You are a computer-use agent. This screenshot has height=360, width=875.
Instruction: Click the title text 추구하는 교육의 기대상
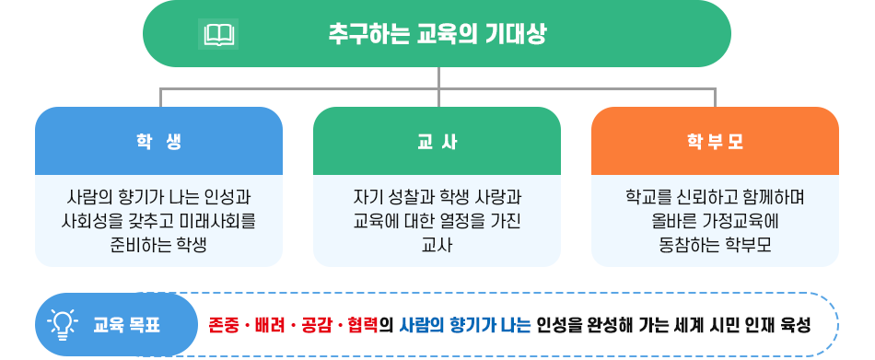pos(437,35)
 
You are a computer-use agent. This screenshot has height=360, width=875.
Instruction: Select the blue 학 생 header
pos(158,142)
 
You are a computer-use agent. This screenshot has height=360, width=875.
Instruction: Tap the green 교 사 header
pos(437,142)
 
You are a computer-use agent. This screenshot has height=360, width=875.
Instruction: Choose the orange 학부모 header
pos(715,142)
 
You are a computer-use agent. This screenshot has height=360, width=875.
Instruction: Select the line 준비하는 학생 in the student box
pos(158,244)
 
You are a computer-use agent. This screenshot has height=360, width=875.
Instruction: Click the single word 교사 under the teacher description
pos(437,244)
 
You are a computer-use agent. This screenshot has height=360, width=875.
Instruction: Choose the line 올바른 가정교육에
pos(715,221)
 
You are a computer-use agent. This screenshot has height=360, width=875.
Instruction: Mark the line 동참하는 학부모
pos(715,244)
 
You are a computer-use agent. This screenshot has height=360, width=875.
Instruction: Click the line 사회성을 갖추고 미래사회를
pos(158,221)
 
